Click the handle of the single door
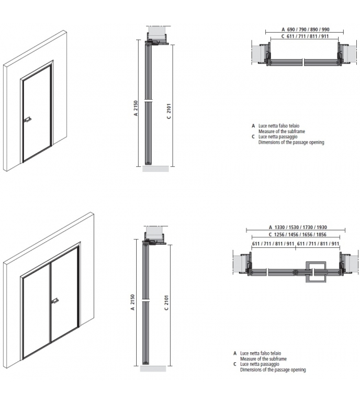[28, 119]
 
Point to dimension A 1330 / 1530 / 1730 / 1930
[296, 227]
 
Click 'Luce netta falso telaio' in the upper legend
[278, 126]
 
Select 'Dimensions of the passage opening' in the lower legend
[273, 370]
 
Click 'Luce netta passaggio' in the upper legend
[277, 137]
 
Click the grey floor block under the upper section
[156, 169]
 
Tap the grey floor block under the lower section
[154, 368]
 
